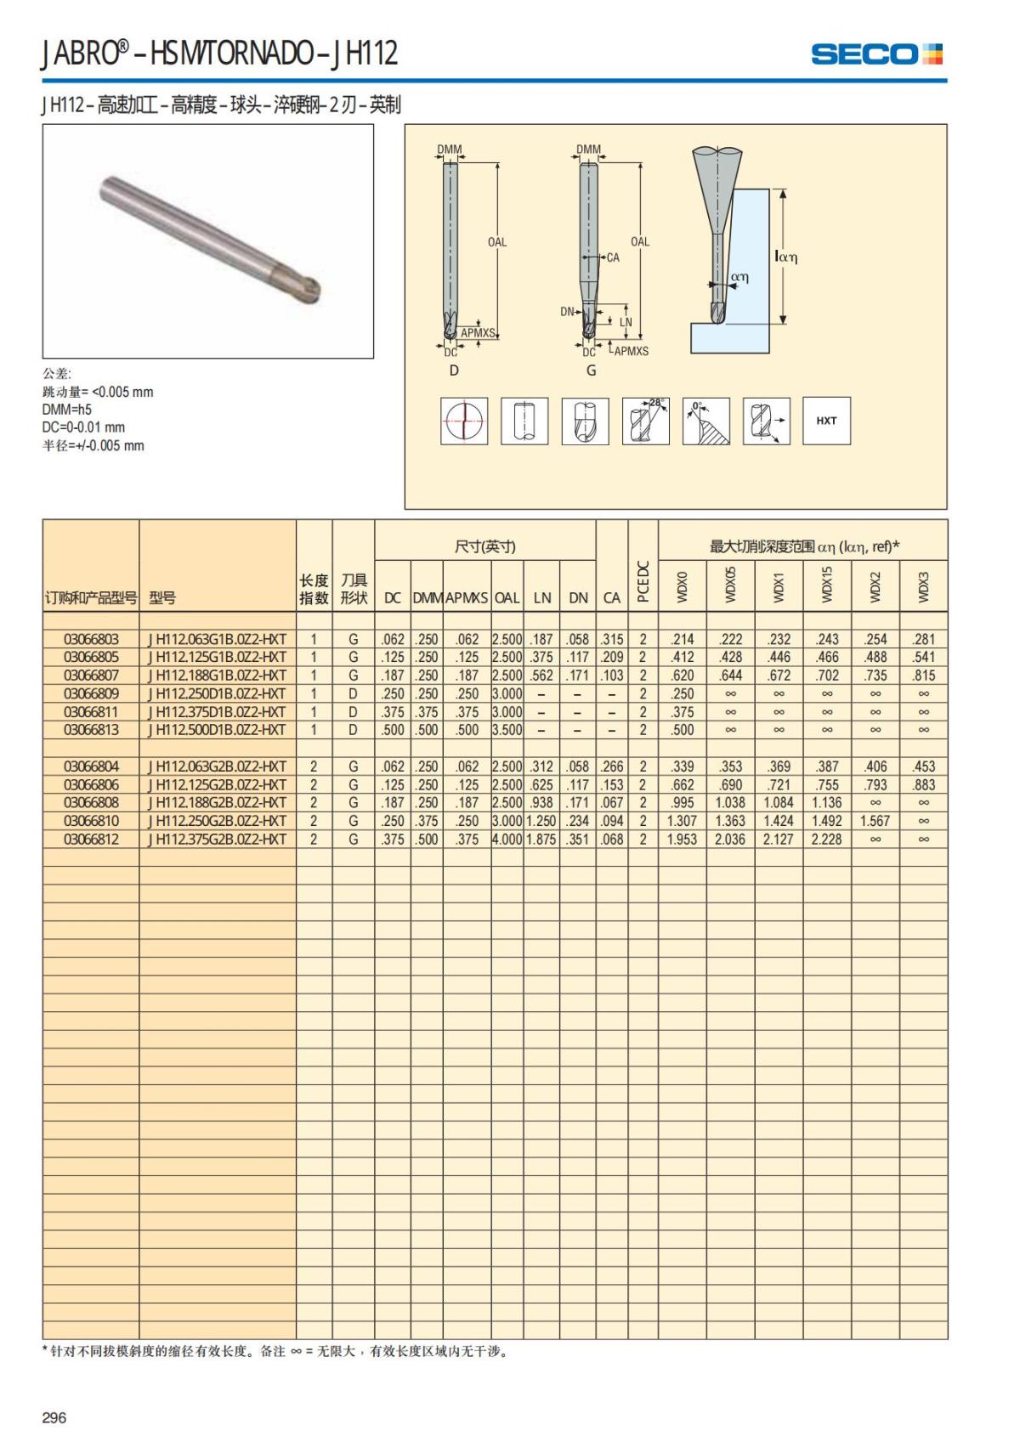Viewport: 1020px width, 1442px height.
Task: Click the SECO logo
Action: click(x=876, y=54)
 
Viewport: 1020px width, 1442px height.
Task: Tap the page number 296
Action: click(x=54, y=1417)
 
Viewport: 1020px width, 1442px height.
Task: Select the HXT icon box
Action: click(x=826, y=421)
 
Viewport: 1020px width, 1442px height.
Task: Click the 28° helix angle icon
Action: click(x=645, y=421)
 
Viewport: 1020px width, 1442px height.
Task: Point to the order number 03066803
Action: click(x=91, y=639)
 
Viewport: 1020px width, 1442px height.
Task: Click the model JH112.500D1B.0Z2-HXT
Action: click(x=218, y=730)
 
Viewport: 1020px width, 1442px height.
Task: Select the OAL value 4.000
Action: click(x=507, y=840)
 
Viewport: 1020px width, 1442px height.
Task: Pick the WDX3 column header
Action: click(x=924, y=586)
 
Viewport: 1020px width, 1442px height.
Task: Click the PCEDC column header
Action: click(x=643, y=581)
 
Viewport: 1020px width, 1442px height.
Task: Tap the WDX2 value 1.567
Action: click(x=875, y=821)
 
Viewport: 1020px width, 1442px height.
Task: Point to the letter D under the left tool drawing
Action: click(x=454, y=370)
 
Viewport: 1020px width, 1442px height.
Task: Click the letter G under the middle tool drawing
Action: click(x=592, y=370)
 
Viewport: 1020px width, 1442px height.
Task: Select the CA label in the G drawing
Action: click(x=613, y=257)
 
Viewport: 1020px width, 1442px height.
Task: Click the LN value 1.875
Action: click(x=541, y=840)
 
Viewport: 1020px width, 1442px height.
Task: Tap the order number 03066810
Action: click(x=91, y=821)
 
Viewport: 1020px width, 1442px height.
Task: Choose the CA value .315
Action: click(x=611, y=639)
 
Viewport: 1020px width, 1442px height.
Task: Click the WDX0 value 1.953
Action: click(x=682, y=840)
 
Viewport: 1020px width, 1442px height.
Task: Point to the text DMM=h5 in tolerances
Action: click(x=67, y=410)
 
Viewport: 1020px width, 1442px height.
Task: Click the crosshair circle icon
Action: click(x=464, y=421)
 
